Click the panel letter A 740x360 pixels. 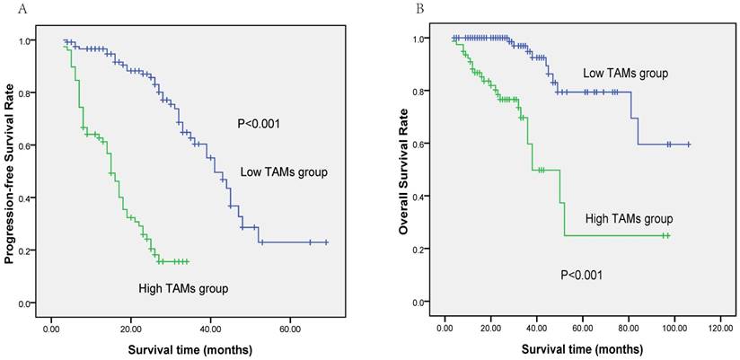point(9,7)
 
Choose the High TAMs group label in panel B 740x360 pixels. point(628,218)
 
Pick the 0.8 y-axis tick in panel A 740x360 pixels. point(32,93)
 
